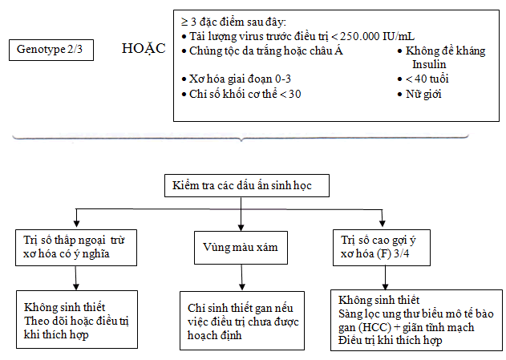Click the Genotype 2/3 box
51,50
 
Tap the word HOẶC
144,49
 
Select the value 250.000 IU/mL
377,36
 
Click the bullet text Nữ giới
423,94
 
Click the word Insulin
429,64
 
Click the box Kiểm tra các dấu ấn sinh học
247,185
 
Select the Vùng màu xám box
241,248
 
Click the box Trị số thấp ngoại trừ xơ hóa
76,248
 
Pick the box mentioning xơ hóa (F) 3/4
382,248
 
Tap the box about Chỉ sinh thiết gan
242,321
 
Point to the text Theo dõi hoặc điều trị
76,321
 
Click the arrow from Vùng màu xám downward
241,277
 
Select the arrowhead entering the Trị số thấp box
76,224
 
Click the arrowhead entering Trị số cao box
383,224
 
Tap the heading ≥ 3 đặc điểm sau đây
233,22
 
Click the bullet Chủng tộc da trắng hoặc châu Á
266,51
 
